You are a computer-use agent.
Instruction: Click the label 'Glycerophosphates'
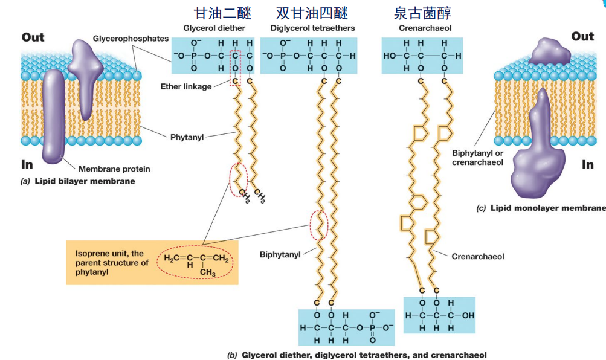(131, 39)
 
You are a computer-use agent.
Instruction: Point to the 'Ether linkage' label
(185, 86)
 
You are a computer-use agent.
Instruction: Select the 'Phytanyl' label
(186, 137)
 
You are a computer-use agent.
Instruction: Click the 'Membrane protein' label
(114, 169)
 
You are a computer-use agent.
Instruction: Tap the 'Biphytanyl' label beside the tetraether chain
(280, 255)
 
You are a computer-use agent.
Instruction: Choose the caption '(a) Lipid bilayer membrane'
(78, 181)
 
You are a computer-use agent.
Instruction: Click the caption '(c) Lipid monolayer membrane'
(540, 208)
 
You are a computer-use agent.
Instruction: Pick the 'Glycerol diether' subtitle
(214, 28)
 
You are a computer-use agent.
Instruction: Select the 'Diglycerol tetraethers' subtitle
(312, 28)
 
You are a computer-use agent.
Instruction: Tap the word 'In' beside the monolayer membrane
(587, 165)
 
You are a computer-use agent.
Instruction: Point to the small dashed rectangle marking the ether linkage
(235, 68)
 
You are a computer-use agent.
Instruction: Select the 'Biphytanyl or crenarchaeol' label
(477, 158)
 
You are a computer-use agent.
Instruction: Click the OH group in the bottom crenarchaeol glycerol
(468, 315)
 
